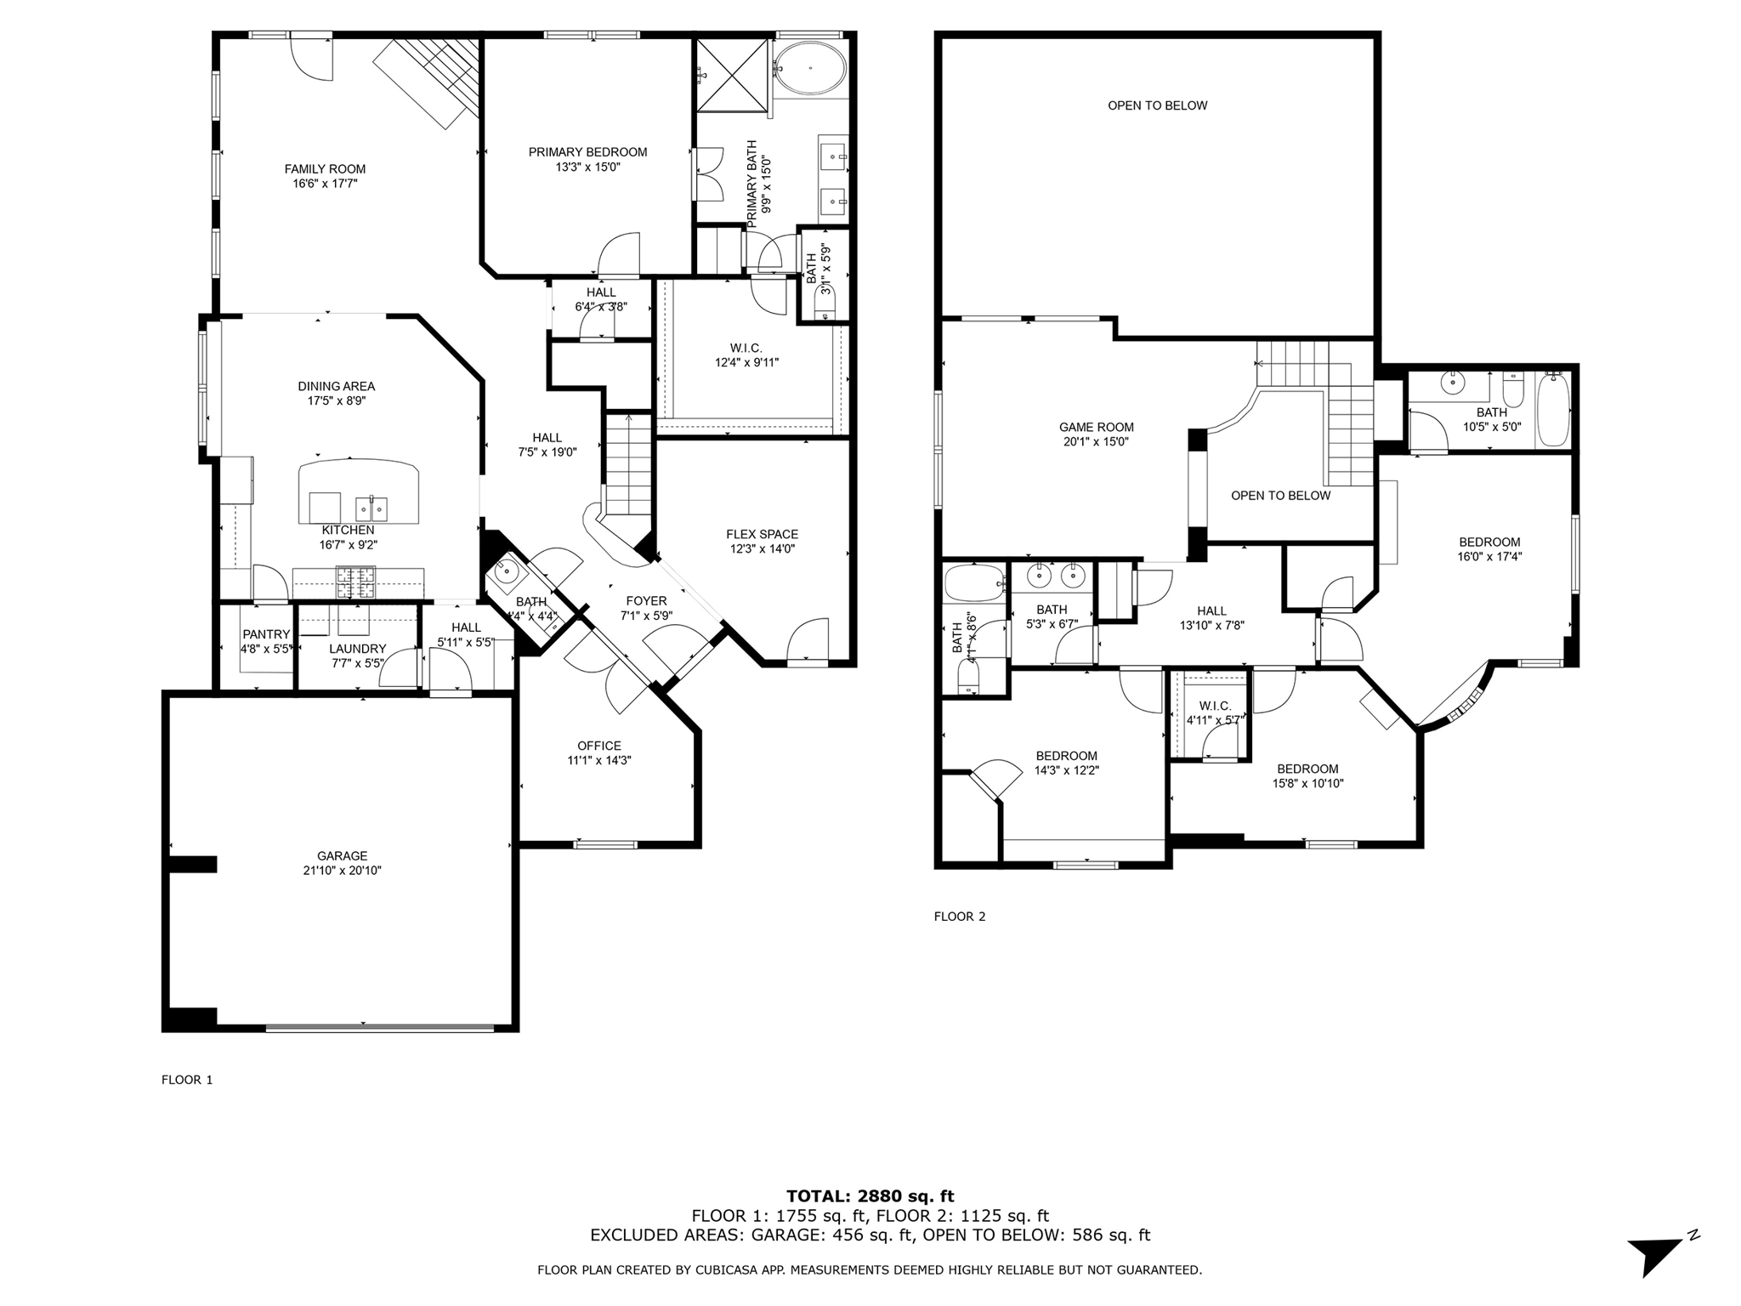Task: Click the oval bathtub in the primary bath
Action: tap(809, 68)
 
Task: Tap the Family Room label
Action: tap(325, 168)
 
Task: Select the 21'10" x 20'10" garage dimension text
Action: tap(342, 871)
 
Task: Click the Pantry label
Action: tap(266, 634)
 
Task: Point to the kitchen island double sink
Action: tap(371, 509)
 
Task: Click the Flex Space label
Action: tap(762, 534)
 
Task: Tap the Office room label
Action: tap(599, 746)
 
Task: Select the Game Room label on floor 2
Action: tap(1096, 427)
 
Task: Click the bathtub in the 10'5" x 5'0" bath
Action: tap(1553, 411)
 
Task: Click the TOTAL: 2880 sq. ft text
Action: tap(870, 1196)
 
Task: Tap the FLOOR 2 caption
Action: tap(959, 916)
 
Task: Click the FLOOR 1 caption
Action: tap(186, 1080)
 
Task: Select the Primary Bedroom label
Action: tap(587, 152)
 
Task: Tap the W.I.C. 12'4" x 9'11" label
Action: tap(746, 355)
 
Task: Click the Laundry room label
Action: tap(357, 648)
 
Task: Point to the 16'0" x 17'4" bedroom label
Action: tap(1489, 549)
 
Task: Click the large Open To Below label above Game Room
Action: tap(1157, 105)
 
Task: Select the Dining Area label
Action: tap(336, 386)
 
